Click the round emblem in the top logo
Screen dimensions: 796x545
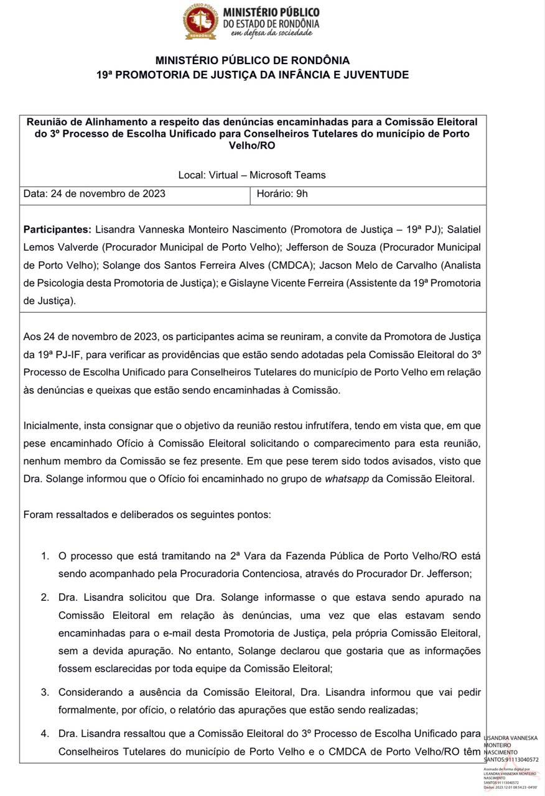tap(200, 22)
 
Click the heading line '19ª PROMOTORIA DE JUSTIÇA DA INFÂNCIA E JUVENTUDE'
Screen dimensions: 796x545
tap(253, 75)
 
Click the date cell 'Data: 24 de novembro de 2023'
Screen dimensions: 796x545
tap(95, 193)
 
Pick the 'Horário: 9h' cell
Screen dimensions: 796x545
tap(282, 193)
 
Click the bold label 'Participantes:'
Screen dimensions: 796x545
tap(58, 229)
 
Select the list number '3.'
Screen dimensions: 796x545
tap(45, 692)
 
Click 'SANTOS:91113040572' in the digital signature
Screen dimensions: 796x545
tap(510, 759)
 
